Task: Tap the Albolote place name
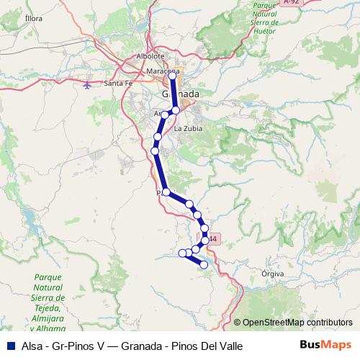[150, 56]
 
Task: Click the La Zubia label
[189, 129]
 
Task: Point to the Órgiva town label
[274, 274]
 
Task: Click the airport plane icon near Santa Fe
[88, 86]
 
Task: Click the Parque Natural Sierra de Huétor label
[271, 17]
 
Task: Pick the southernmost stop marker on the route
[204, 265]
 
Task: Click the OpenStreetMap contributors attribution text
[297, 322]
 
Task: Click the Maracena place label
[162, 72]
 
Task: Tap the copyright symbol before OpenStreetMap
[237, 322]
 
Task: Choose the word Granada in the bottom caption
[140, 346]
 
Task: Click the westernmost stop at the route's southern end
[182, 253]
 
